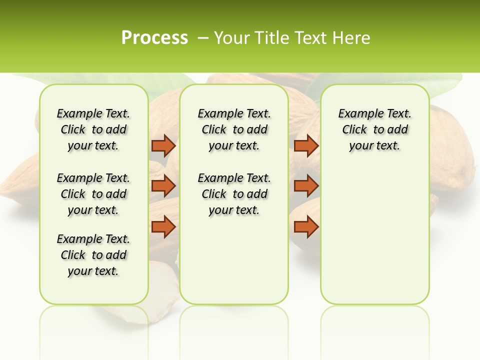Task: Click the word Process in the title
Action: pyautogui.click(x=154, y=38)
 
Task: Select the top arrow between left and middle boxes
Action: pyautogui.click(x=163, y=146)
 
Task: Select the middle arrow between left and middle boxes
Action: pyautogui.click(x=163, y=186)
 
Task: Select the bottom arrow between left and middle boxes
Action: pyautogui.click(x=163, y=227)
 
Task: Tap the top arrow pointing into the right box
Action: pyautogui.click(x=306, y=146)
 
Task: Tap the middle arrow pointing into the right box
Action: pyautogui.click(x=306, y=186)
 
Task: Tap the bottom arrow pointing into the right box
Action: pyautogui.click(x=306, y=227)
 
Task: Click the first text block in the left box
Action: pyautogui.click(x=93, y=129)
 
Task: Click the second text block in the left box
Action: pyautogui.click(x=93, y=194)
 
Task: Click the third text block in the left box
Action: pyautogui.click(x=93, y=255)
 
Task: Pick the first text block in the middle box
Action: pyautogui.click(x=234, y=129)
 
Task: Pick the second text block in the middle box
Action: pyautogui.click(x=234, y=194)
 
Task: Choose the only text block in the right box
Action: pyautogui.click(x=374, y=129)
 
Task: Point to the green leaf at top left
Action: pyautogui.click(x=170, y=82)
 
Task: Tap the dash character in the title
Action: pyautogui.click(x=203, y=38)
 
